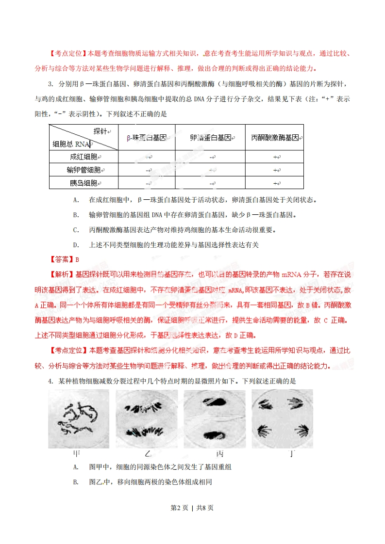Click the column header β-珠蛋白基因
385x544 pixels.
pyautogui.click(x=146, y=138)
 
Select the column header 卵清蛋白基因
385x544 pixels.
pyautogui.click(x=210, y=138)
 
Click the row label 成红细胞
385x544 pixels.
pyautogui.click(x=84, y=157)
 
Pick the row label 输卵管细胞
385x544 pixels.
pyautogui.click(x=84, y=170)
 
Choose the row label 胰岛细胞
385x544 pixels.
pyautogui.click(x=84, y=183)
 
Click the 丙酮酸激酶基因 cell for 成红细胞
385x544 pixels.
pyautogui.click(x=275, y=157)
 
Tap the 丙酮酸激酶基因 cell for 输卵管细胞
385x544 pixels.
pyautogui.click(x=275, y=170)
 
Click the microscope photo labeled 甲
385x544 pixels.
pyautogui.click(x=79, y=419)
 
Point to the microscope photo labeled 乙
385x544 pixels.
pyautogui.click(x=147, y=419)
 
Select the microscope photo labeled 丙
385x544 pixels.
pyautogui.click(x=215, y=419)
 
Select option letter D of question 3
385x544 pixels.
pyautogui.click(x=76, y=245)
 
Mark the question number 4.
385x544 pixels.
pyautogui.click(x=50, y=381)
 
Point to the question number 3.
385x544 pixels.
pyautogui.click(x=50, y=84)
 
